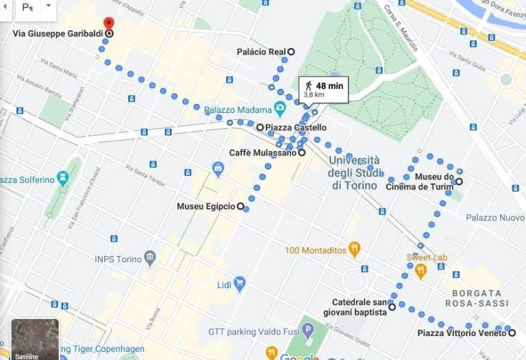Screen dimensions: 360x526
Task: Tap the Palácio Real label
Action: (x=260, y=51)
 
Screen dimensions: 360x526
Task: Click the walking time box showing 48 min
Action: (x=323, y=89)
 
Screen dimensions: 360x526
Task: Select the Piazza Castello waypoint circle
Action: (x=260, y=127)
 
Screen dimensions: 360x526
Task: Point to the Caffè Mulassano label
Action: (x=262, y=153)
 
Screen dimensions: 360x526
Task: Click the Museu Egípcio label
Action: (x=205, y=206)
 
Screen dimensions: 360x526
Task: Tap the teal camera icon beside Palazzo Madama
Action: (x=279, y=108)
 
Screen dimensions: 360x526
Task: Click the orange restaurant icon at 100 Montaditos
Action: (x=354, y=250)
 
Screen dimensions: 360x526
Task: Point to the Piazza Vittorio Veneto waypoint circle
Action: (x=512, y=333)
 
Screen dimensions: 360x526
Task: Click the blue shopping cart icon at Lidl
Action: (x=239, y=283)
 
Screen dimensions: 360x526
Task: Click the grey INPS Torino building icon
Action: (x=150, y=259)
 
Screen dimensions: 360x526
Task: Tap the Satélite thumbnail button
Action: (x=35, y=339)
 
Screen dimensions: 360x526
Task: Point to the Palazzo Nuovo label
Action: (x=494, y=218)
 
